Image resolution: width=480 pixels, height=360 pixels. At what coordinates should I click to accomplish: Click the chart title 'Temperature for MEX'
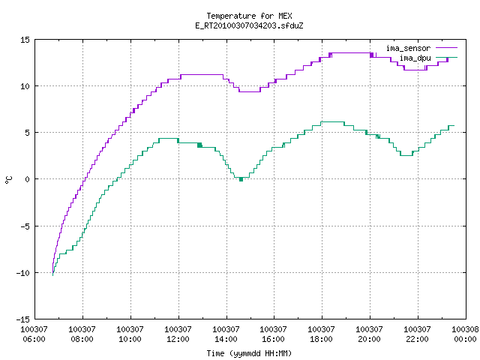point(249,16)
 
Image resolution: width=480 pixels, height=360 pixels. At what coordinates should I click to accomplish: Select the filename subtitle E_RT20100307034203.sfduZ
point(249,25)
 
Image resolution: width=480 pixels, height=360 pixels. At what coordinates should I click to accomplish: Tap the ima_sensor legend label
point(408,48)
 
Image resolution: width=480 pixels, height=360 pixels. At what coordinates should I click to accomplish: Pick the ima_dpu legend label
point(415,58)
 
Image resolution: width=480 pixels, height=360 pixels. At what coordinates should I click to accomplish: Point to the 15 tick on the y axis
point(25,40)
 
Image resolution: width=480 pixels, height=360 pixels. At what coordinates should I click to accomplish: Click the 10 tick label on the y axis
point(25,86)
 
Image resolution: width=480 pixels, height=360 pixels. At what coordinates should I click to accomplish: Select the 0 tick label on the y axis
point(27,179)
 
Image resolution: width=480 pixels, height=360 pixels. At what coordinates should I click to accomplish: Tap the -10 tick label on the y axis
point(23,273)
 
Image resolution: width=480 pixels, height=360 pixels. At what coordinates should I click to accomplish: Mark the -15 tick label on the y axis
point(23,319)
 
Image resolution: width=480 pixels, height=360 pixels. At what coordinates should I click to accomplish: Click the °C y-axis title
point(9,180)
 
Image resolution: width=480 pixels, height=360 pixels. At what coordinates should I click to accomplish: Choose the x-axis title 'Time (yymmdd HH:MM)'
point(249,353)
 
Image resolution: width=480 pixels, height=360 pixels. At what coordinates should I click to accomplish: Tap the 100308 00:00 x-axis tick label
point(465,334)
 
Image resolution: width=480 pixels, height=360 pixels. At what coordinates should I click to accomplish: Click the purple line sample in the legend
point(446,48)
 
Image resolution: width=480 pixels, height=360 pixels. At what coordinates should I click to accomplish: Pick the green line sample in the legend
point(446,57)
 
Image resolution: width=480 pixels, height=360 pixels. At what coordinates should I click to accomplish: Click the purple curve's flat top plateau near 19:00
point(351,53)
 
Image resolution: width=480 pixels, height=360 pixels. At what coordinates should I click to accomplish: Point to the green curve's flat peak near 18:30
point(332,121)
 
